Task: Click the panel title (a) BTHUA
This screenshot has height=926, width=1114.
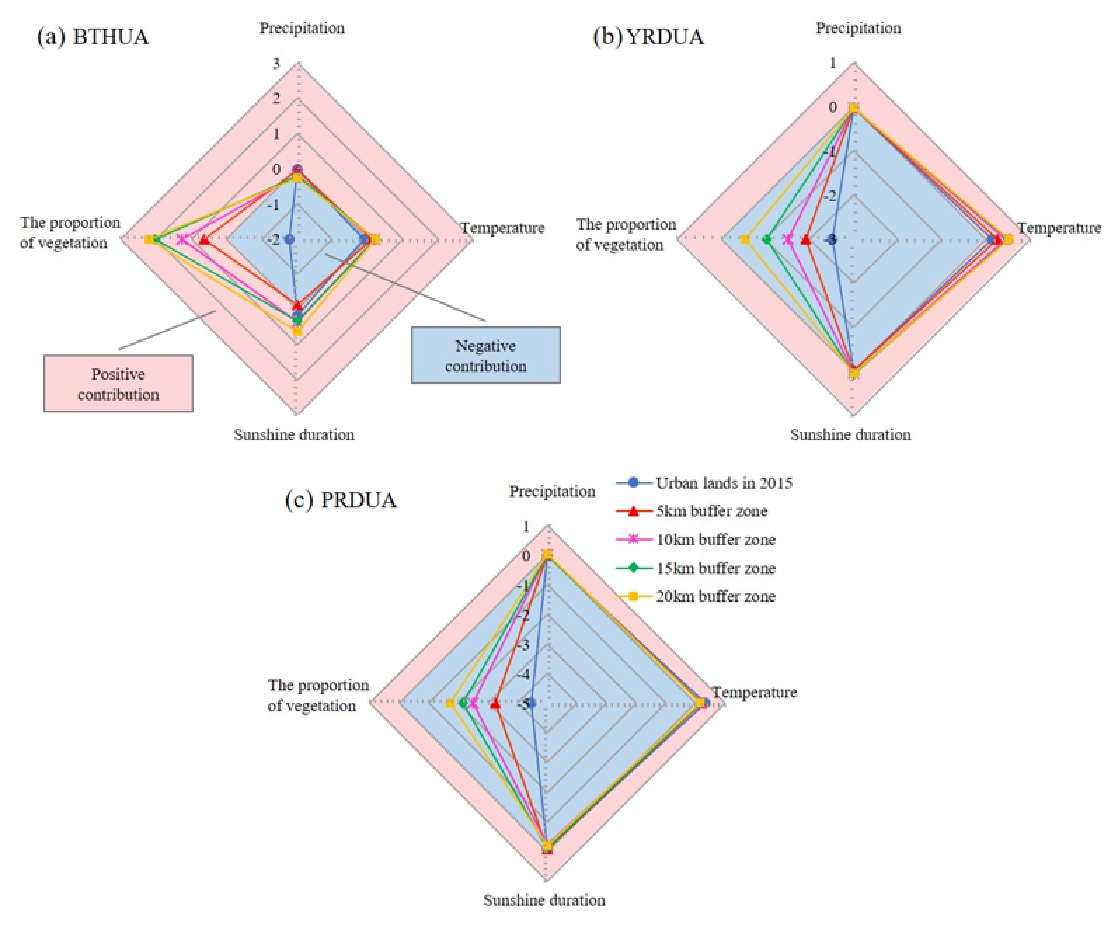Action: coord(93,37)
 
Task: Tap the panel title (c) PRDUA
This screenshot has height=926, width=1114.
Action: coord(341,500)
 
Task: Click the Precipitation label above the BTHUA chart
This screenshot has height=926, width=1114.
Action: coord(302,28)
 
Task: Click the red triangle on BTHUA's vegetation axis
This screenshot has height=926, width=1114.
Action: coord(203,240)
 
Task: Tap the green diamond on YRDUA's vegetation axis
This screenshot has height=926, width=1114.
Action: coord(766,240)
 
